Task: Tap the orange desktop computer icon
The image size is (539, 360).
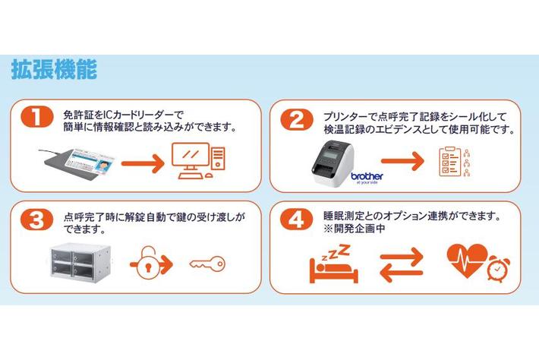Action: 197,160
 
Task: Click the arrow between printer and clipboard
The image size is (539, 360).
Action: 403,162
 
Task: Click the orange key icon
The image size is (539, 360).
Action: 206,264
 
